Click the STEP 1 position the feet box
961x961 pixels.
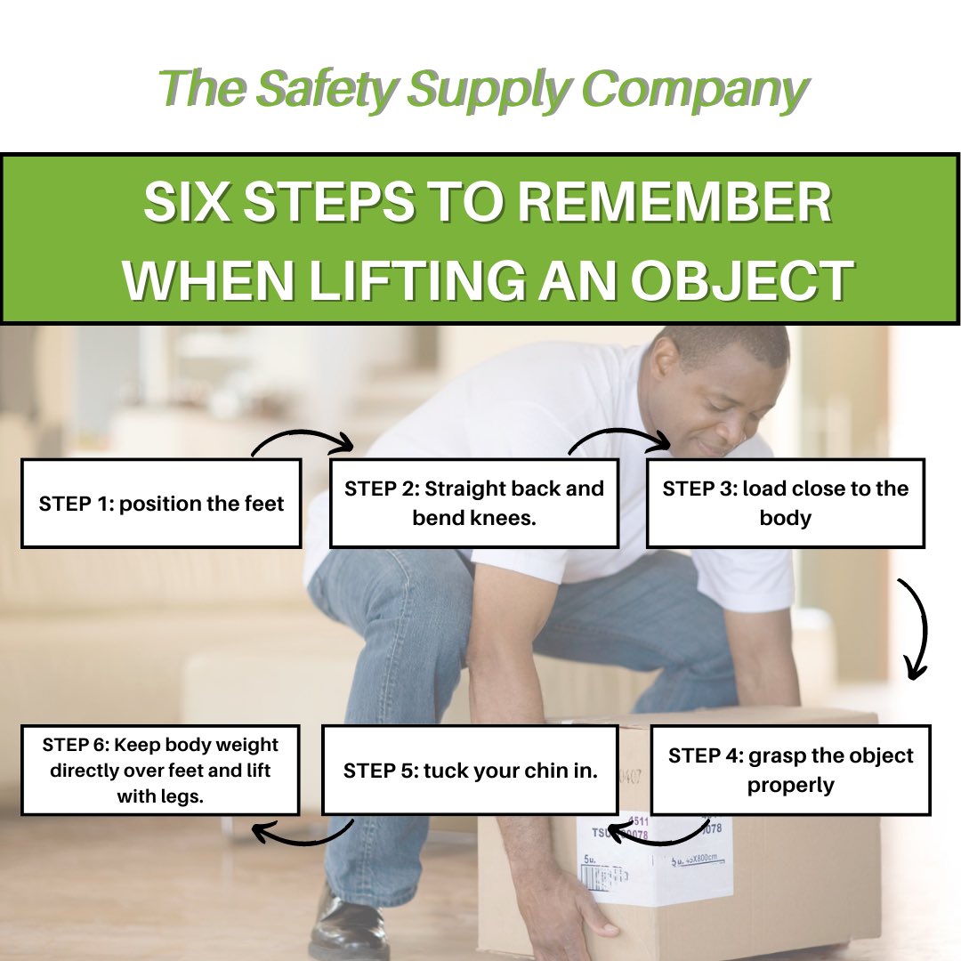(x=161, y=504)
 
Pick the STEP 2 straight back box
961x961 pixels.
(x=473, y=503)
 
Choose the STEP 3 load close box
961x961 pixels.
(x=785, y=503)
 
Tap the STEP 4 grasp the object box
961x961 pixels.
(x=790, y=770)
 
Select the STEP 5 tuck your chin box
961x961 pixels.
(x=470, y=770)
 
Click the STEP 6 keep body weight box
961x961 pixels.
(x=160, y=770)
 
